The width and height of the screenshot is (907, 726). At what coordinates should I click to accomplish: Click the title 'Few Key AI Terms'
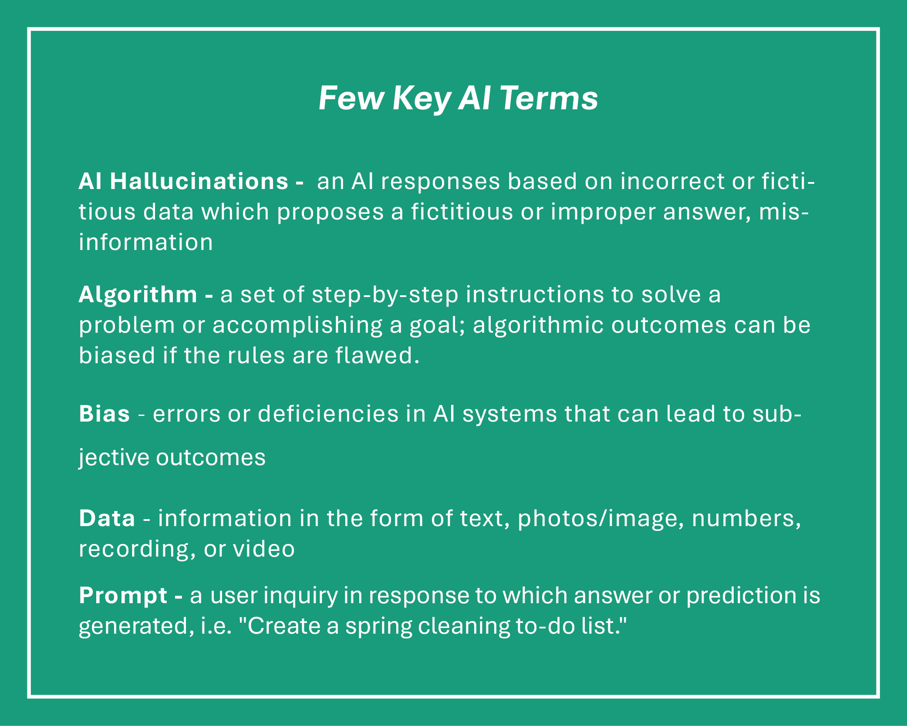point(458,98)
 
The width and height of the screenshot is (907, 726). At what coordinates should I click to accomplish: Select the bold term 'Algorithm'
point(138,295)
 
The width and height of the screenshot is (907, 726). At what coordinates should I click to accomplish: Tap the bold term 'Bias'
point(104,413)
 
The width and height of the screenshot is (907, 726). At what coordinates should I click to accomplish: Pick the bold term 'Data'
point(107,518)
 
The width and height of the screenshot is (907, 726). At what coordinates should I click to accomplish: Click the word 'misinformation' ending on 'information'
point(146,242)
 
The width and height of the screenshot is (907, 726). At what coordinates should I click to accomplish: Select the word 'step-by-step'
point(385,295)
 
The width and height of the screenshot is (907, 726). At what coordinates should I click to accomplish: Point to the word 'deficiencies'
point(328,413)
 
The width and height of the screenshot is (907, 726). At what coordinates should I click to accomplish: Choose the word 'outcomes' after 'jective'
point(211,458)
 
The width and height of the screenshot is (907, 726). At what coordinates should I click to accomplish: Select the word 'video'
point(264,549)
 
